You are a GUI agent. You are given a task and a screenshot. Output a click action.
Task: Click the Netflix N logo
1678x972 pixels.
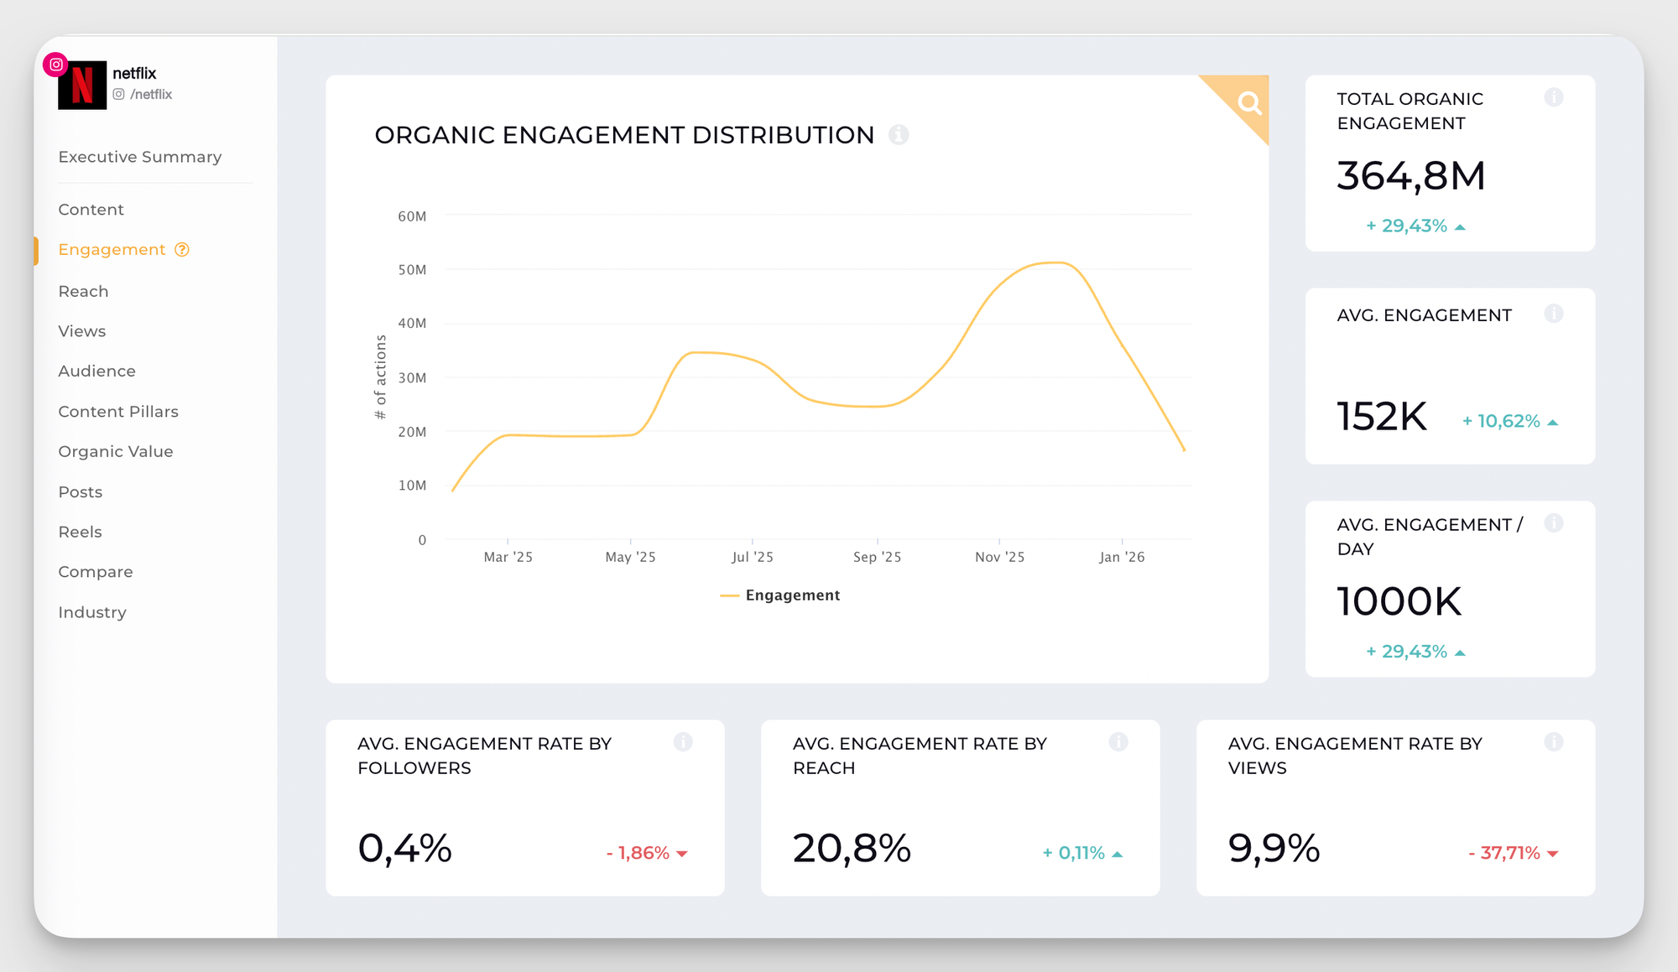82,85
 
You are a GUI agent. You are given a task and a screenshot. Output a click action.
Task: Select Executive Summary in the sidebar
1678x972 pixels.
140,157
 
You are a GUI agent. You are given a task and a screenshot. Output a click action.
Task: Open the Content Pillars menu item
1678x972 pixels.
118,412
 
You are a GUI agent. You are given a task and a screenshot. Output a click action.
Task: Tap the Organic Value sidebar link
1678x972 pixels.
116,451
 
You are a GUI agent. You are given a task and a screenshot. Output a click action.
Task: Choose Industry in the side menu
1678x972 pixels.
92,612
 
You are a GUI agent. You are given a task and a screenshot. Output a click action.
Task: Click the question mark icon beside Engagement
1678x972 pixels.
182,250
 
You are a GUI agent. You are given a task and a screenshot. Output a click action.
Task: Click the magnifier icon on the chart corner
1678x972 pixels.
1249,103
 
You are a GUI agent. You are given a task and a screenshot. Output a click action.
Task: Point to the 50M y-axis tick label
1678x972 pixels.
412,270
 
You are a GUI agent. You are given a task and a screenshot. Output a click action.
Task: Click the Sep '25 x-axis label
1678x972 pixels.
877,557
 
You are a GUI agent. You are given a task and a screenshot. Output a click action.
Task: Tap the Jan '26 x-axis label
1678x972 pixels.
1122,557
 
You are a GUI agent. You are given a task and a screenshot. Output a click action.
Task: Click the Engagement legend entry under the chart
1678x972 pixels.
780,595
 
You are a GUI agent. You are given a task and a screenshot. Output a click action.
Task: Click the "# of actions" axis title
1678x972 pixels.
381,377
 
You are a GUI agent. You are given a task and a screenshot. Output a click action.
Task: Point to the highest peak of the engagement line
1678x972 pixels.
1057,262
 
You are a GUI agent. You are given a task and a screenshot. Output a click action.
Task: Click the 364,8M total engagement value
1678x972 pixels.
1410,176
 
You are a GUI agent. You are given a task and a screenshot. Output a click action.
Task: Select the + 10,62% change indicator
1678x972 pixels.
1509,421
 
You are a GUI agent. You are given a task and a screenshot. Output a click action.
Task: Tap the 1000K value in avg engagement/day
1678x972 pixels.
1399,601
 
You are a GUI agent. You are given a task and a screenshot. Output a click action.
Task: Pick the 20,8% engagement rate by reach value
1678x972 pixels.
852,848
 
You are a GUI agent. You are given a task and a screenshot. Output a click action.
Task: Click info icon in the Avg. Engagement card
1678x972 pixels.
1553,314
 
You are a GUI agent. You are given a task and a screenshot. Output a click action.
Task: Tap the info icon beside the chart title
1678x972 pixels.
899,135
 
